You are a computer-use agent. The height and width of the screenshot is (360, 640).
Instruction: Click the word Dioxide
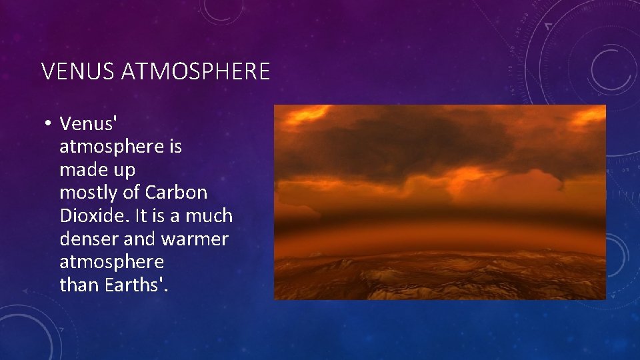point(91,216)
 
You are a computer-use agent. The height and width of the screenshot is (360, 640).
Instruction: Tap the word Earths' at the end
point(137,285)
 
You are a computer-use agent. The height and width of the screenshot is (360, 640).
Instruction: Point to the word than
point(79,285)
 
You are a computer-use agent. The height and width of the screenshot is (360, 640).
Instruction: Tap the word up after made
point(124,171)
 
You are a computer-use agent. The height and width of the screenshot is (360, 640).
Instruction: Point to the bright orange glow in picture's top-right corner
point(587,117)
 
